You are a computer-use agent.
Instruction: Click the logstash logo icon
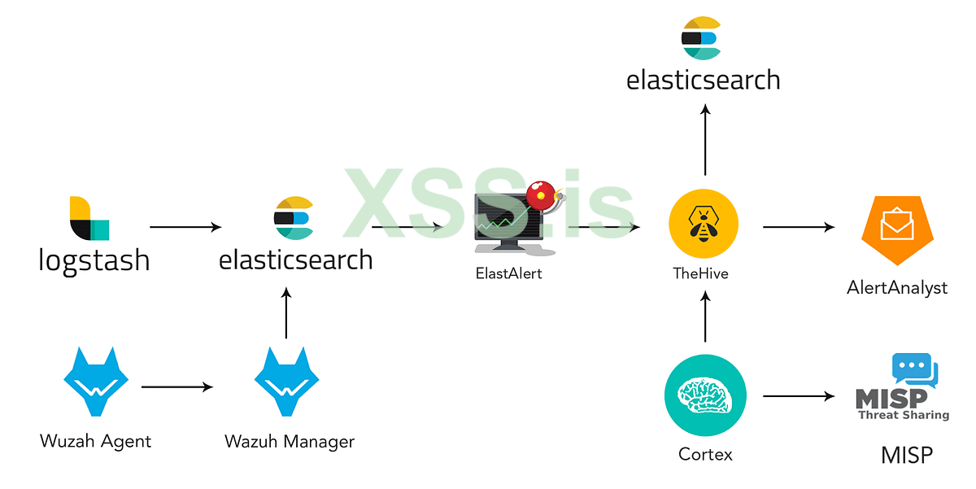click(89, 218)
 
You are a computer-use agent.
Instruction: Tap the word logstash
click(94, 260)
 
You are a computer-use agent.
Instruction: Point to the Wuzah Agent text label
click(96, 442)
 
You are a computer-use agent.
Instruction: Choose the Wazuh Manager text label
click(290, 442)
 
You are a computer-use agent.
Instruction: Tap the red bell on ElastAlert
click(538, 195)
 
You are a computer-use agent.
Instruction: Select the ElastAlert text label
click(508, 273)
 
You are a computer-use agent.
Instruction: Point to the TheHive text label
click(701, 274)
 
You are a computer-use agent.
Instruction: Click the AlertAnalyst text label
click(897, 287)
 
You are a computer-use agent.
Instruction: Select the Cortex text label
click(705, 454)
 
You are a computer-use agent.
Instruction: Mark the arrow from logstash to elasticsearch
click(185, 227)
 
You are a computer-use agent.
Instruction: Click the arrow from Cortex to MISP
click(799, 397)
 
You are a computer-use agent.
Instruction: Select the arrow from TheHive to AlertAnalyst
click(799, 227)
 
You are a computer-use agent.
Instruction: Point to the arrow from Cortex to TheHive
click(704, 317)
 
